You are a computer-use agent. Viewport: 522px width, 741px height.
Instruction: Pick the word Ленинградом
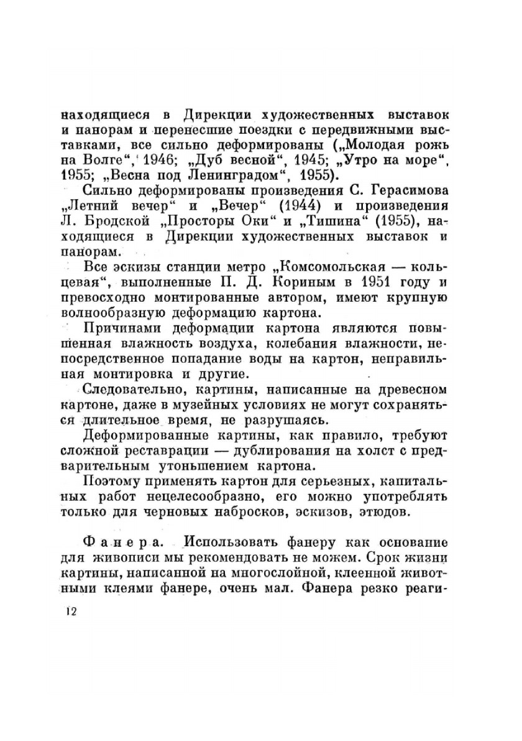239,174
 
